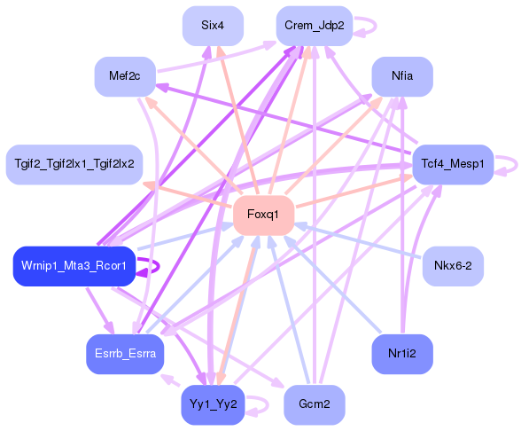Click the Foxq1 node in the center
click(263, 215)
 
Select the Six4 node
click(213, 26)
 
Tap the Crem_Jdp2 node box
click(314, 26)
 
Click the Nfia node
click(401, 76)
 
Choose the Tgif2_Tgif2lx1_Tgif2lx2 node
click(74, 164)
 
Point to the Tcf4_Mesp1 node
click(452, 164)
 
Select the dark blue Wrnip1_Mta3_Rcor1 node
click(74, 266)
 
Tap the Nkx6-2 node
click(453, 266)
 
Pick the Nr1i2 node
click(401, 354)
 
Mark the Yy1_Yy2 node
click(213, 404)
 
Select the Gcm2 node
click(314, 404)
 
